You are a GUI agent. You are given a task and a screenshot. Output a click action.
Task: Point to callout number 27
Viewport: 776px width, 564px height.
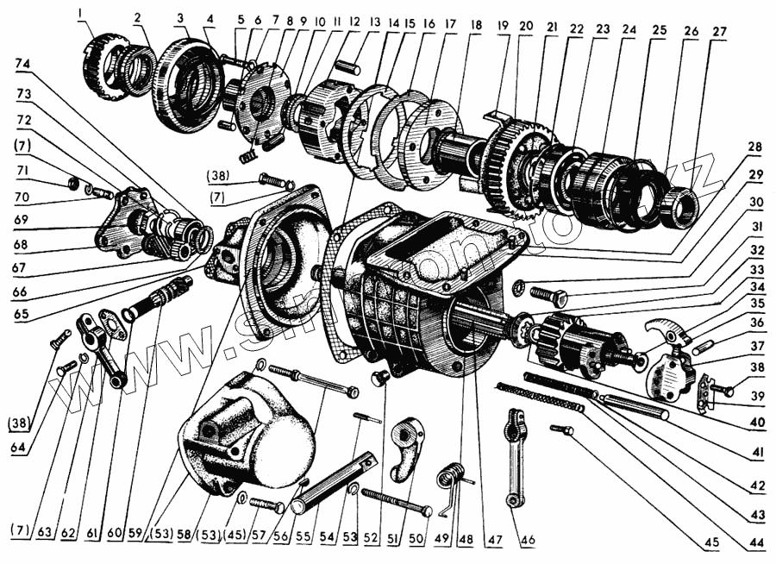(x=719, y=31)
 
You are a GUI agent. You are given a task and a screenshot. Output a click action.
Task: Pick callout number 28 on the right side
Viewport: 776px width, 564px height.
(x=756, y=147)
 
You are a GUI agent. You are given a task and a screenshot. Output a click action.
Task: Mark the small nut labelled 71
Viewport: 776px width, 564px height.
(x=74, y=184)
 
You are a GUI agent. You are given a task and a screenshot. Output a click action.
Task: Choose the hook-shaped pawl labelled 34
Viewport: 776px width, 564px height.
(x=660, y=330)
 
